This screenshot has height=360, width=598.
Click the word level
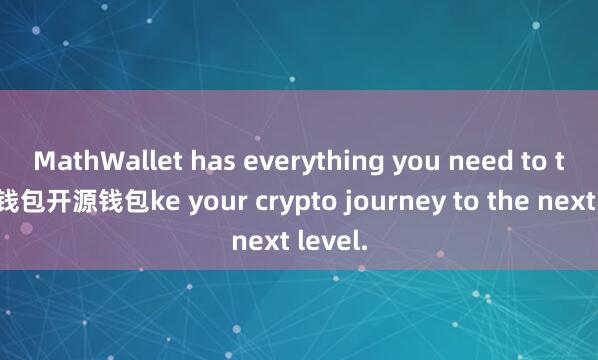point(331,241)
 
